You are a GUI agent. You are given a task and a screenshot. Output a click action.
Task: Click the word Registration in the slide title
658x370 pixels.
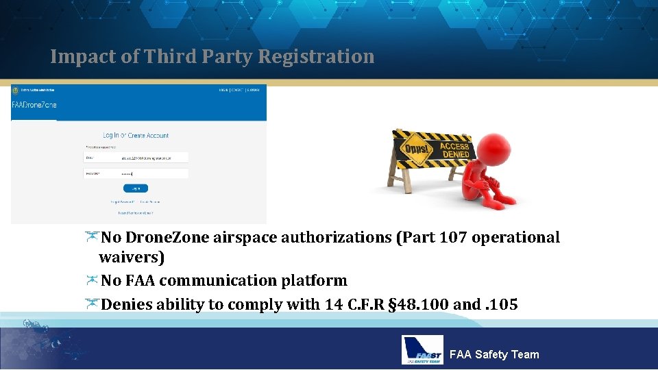click(316, 57)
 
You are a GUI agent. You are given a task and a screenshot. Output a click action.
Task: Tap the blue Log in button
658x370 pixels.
click(136, 188)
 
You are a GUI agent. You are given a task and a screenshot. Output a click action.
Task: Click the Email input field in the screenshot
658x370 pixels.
click(154, 158)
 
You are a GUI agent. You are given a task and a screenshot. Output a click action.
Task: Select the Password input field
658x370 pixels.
click(154, 174)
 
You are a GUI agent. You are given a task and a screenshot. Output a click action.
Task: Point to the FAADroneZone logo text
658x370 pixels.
click(34, 104)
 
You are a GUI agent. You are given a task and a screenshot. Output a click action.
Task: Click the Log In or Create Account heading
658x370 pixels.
click(136, 136)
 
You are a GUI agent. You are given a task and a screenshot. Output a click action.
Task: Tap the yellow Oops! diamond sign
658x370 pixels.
click(416, 149)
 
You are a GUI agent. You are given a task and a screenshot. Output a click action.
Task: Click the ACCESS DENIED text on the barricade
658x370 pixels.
click(454, 151)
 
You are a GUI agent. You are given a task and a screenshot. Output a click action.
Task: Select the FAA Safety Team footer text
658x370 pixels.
click(493, 354)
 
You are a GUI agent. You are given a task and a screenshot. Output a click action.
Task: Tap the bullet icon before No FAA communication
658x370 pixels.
click(92, 280)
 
